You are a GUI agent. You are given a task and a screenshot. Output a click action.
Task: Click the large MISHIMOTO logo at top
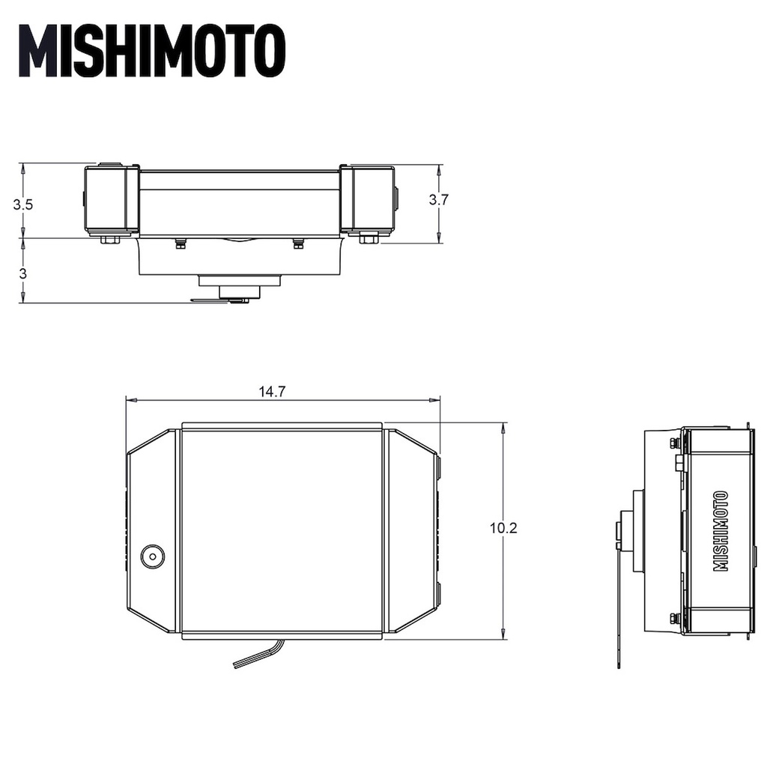(151, 51)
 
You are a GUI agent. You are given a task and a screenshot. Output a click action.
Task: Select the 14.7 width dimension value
(272, 392)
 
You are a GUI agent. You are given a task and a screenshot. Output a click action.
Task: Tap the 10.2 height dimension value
(503, 528)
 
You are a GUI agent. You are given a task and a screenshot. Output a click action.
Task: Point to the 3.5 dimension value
(22, 204)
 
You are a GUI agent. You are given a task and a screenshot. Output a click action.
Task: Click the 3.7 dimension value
(438, 199)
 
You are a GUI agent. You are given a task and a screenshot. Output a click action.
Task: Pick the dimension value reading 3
(23, 273)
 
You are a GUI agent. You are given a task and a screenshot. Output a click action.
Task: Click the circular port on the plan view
(153, 557)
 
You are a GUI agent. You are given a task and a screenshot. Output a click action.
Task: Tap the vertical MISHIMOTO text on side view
(721, 531)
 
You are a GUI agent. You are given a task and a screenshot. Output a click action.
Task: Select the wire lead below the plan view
(255, 653)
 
